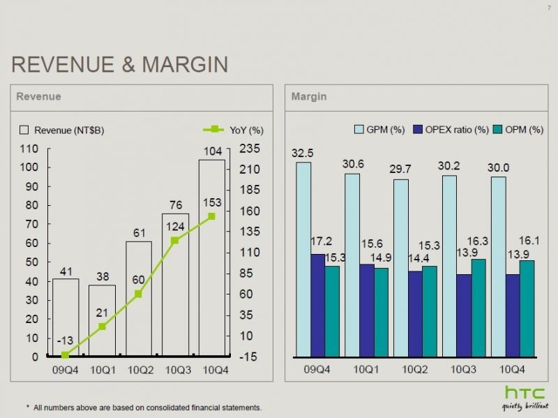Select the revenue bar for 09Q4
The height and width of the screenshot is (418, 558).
coord(66,318)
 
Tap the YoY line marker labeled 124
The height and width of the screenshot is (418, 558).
coord(175,240)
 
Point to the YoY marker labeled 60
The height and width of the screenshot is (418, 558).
coord(138,294)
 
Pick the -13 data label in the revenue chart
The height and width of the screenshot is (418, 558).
coord(65,341)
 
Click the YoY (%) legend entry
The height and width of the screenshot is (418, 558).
coord(233,130)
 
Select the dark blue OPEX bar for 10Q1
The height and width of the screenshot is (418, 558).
coord(367,311)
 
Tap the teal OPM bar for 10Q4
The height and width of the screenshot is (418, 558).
coord(527,309)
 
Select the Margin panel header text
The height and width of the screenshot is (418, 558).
coord(308,96)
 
